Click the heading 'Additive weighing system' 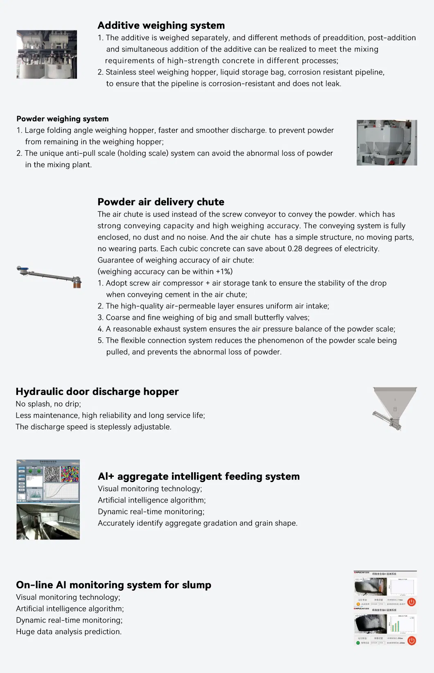[x=161, y=25]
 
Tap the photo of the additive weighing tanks [x=47, y=54]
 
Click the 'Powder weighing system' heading [x=63, y=119]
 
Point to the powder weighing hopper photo [x=387, y=143]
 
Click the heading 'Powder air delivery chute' [x=161, y=202]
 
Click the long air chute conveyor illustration [x=50, y=276]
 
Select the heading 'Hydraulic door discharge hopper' [x=97, y=392]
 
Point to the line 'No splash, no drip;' [x=48, y=404]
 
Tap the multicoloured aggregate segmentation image [x=70, y=474]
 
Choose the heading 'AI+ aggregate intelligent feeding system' [x=199, y=476]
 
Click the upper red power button [x=411, y=602]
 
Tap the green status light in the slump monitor [x=358, y=643]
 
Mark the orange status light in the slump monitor [x=358, y=604]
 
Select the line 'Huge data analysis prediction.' [x=69, y=632]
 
